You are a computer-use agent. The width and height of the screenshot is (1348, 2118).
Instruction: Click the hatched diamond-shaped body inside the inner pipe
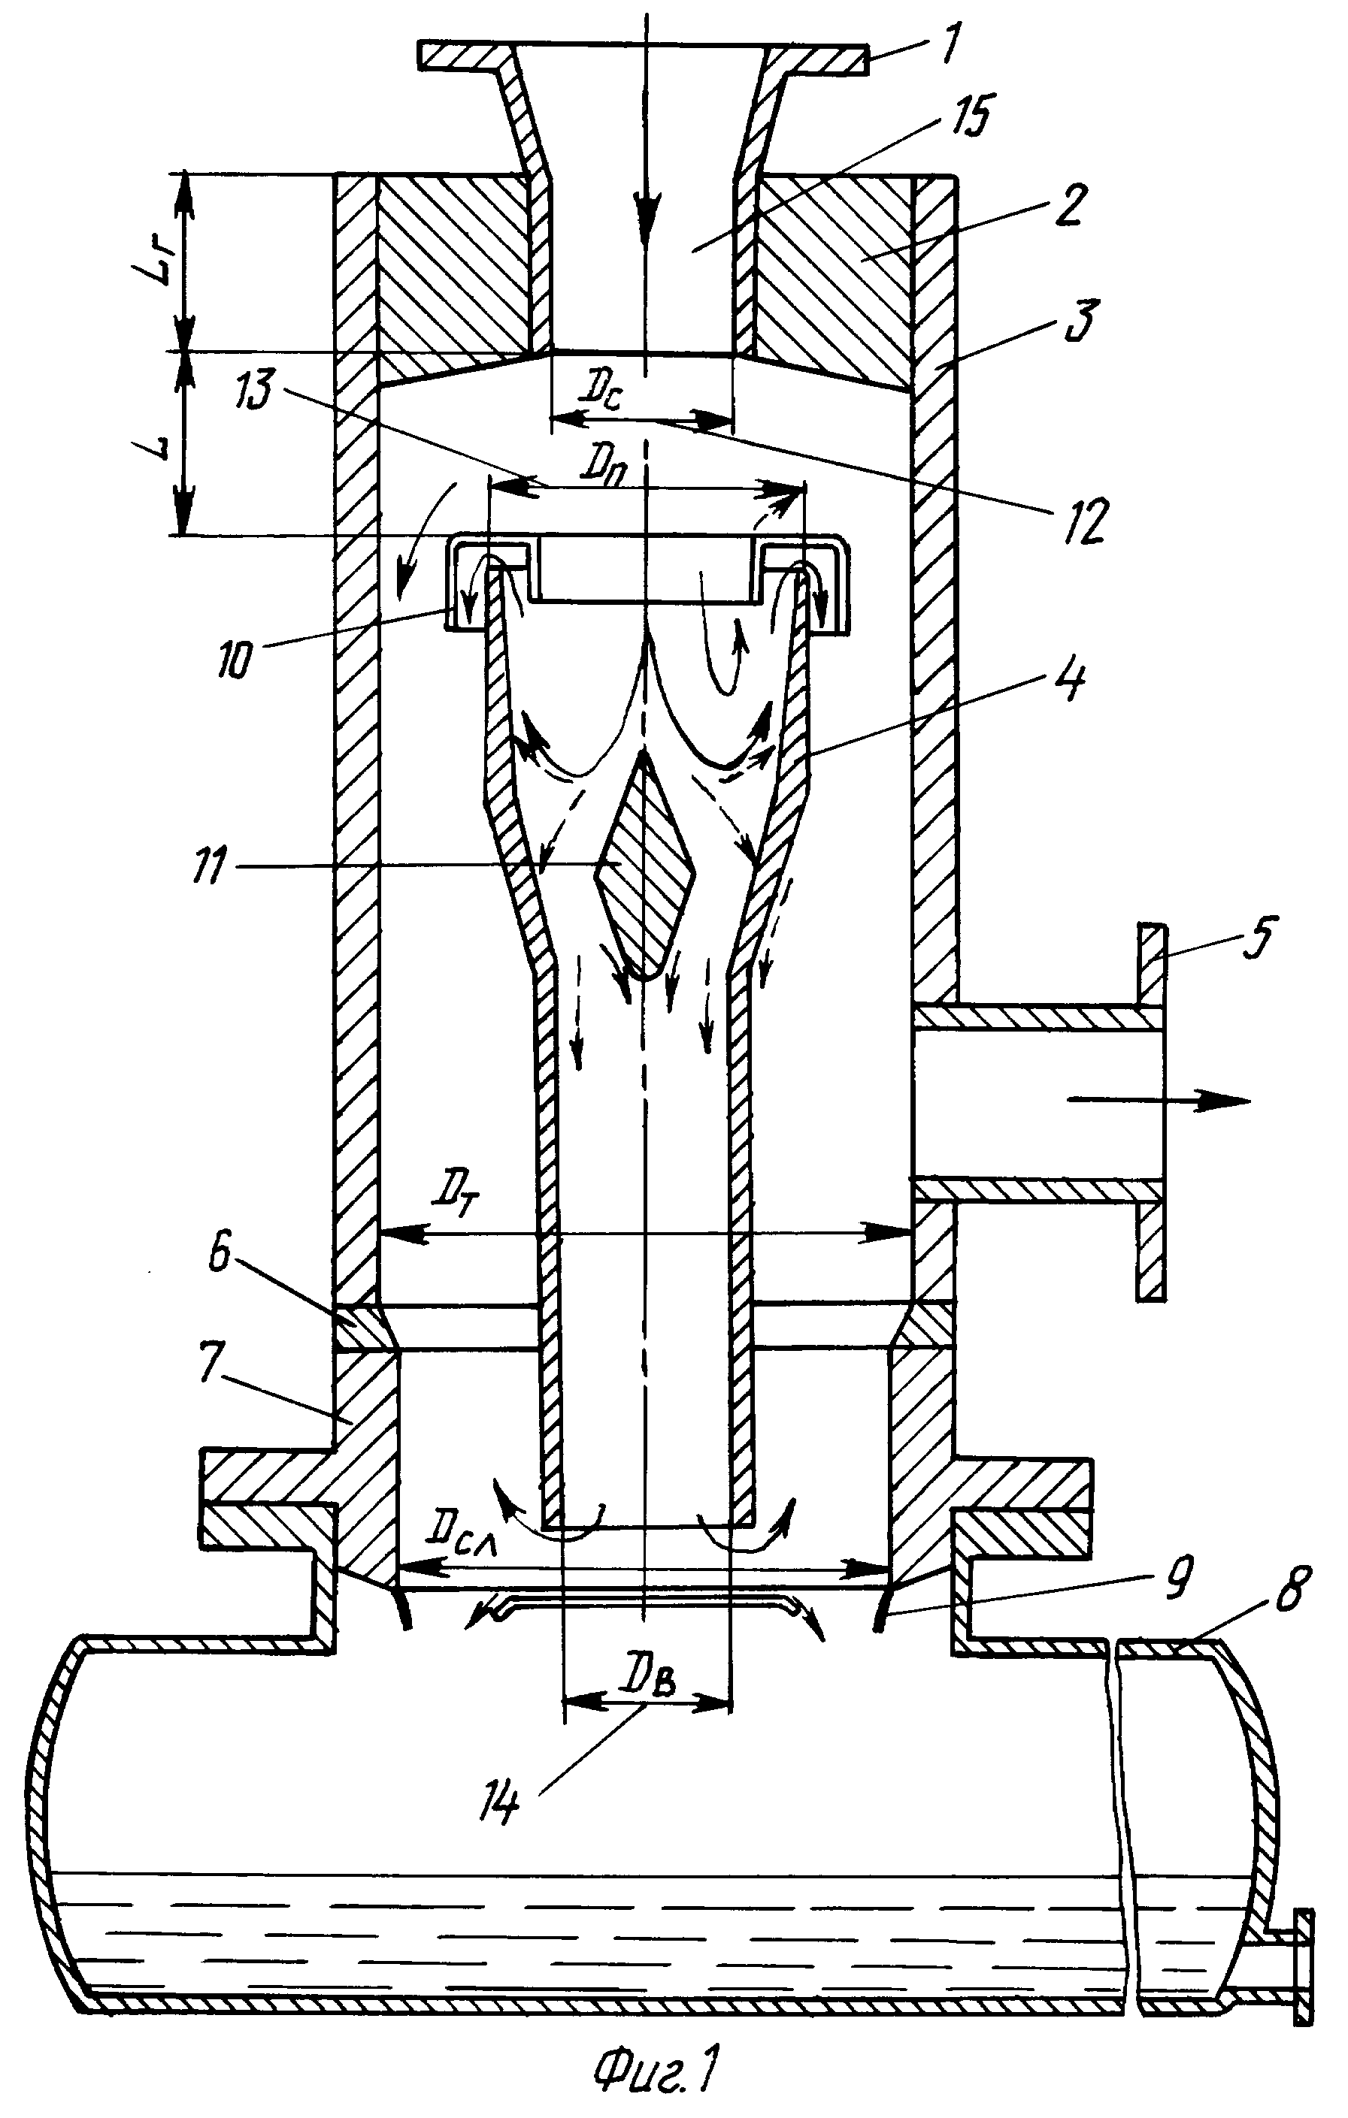click(x=645, y=866)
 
